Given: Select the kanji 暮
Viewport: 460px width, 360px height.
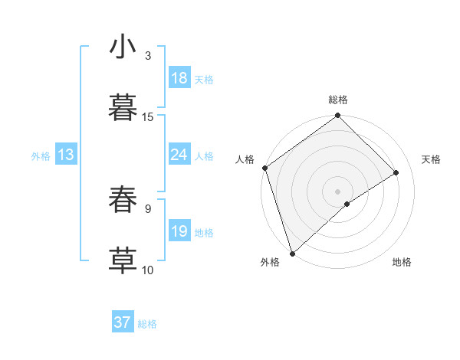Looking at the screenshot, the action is [x=123, y=107].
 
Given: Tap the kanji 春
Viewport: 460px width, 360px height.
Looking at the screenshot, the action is [x=123, y=199].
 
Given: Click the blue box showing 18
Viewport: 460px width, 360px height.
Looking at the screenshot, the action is [x=179, y=78].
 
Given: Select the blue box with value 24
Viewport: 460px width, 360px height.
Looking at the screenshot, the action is [x=179, y=155].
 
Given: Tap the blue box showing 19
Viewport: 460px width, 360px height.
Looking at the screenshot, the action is [x=179, y=231].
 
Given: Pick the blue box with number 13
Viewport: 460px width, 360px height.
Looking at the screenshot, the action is [x=66, y=155].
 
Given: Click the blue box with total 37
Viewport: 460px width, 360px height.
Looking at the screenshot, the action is [x=123, y=322].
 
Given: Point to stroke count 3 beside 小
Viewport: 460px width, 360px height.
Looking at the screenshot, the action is [x=148, y=56].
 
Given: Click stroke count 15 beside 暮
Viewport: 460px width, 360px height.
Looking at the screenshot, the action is [x=148, y=117].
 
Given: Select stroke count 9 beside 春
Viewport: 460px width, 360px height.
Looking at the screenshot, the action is [x=148, y=208].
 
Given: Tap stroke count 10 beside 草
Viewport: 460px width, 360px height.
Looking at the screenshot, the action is [x=148, y=270].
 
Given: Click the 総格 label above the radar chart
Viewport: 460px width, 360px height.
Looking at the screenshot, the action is [x=338, y=100].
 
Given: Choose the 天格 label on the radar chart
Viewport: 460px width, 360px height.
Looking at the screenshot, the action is [x=431, y=159].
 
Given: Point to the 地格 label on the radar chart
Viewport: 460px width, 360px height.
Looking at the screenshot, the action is [x=402, y=262].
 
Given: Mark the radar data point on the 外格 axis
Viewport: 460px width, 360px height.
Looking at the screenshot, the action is [x=291, y=253].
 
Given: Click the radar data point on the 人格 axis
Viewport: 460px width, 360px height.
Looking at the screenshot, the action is [x=264, y=168].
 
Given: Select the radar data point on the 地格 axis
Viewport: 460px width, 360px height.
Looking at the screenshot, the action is [x=347, y=204].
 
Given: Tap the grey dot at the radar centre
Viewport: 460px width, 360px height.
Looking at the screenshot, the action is [x=337, y=191].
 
